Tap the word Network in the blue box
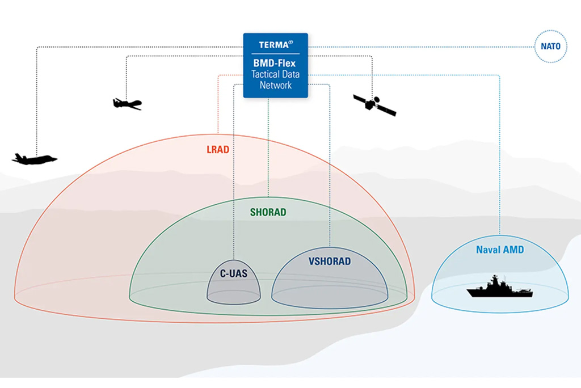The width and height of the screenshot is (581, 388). (276, 85)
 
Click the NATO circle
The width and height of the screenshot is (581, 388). (550, 47)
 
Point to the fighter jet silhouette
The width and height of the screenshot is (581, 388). (34, 159)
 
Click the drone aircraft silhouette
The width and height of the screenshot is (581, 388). (127, 103)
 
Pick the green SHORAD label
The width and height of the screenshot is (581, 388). (268, 213)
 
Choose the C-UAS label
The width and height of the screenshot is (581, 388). (234, 273)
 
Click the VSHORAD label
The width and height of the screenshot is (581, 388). (330, 262)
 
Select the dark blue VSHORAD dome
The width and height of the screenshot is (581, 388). (330, 284)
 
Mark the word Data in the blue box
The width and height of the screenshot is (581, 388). (292, 74)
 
